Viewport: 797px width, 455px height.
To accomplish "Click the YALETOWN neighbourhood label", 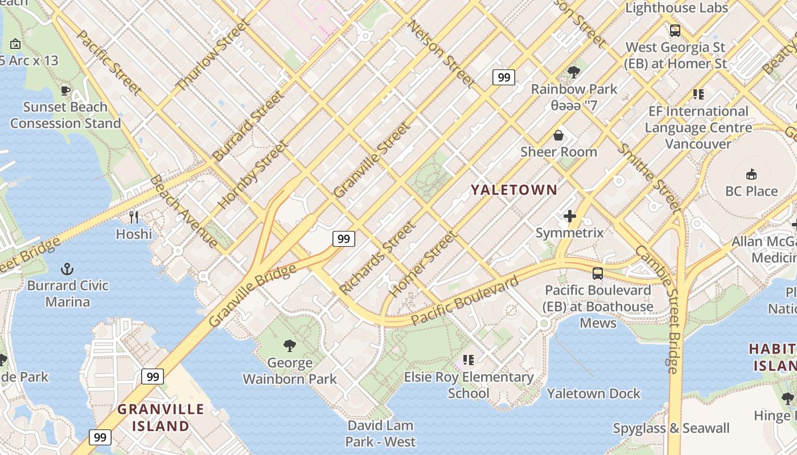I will [513, 190].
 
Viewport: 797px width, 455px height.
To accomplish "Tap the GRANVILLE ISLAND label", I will [161, 417].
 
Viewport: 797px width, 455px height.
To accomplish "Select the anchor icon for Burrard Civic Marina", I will [68, 268].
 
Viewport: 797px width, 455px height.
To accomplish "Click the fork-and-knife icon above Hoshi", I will [134, 217].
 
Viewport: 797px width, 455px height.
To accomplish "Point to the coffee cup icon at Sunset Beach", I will [65, 90].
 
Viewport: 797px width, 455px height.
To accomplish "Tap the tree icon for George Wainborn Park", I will [290, 345].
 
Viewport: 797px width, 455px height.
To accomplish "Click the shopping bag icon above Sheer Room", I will [558, 135].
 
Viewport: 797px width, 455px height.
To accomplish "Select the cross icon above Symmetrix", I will [569, 216].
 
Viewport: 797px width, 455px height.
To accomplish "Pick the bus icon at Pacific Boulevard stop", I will [597, 274].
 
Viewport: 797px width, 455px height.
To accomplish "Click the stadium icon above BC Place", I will [751, 174].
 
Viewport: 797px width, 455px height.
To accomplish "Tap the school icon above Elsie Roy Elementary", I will [469, 359].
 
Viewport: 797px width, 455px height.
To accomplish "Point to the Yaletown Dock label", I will [593, 394].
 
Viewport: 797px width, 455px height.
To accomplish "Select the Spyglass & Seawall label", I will [671, 428].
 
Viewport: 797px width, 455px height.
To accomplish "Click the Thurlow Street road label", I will [212, 55].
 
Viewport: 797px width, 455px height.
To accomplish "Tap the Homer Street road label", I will [424, 264].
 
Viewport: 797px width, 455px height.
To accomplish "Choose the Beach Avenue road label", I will [183, 211].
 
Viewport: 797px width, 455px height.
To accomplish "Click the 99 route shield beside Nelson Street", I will [504, 77].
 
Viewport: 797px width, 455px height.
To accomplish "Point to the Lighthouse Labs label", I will [676, 8].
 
